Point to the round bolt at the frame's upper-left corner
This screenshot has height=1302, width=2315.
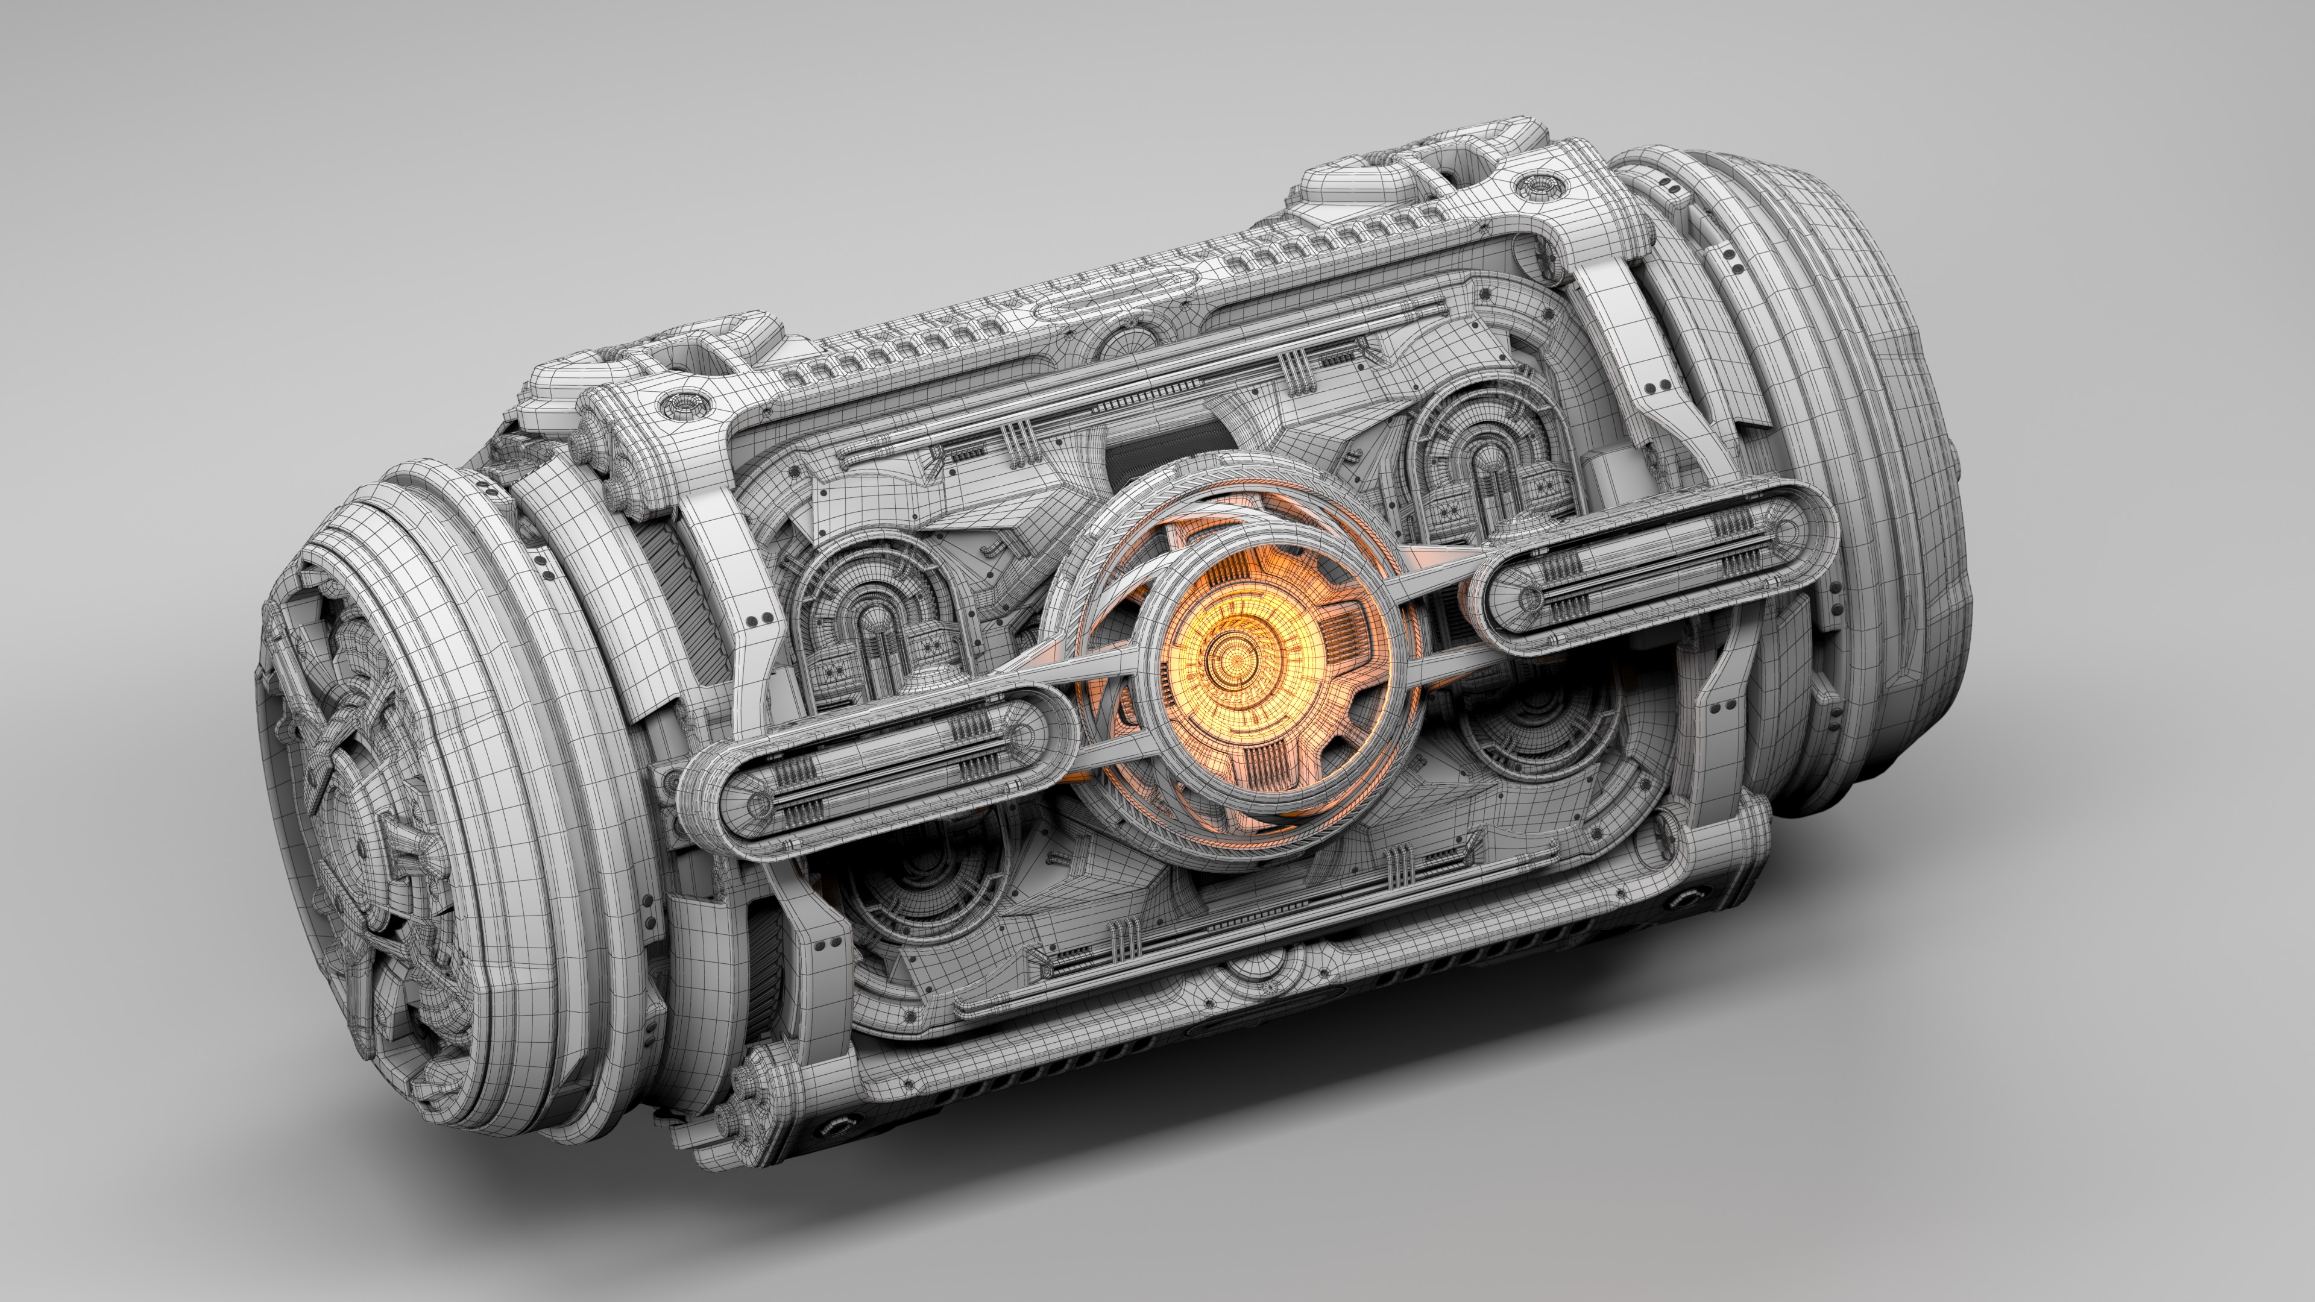pos(680,403)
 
